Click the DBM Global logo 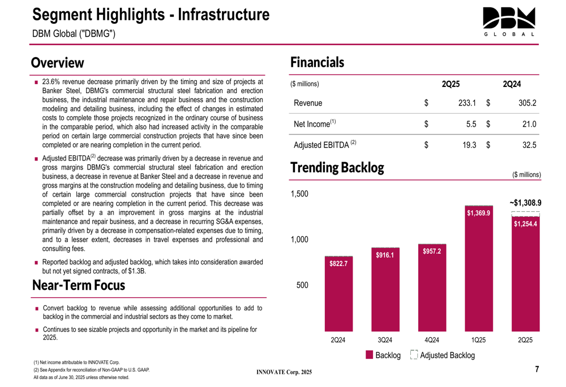509,22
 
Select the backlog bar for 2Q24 338,294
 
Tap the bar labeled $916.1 385,289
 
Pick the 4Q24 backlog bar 432,288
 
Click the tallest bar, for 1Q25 479,268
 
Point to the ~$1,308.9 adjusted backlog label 525,203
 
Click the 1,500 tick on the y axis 299,194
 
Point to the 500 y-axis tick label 302,285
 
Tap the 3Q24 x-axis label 385,340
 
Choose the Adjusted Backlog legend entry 443,355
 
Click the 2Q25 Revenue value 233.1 467,103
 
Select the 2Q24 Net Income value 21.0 529,124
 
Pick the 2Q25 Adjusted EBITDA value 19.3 469,145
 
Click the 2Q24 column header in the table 512,84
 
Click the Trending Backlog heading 337,168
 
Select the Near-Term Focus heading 79,285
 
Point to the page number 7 537,369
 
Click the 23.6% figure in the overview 53,82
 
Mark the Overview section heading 57,63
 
